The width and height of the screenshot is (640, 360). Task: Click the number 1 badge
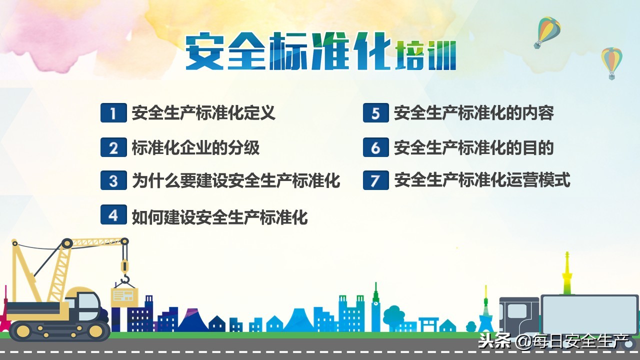pos(113,113)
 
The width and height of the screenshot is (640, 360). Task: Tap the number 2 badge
pos(113,148)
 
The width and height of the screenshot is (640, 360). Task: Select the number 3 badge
pos(113,180)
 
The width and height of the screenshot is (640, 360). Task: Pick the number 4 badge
pos(113,214)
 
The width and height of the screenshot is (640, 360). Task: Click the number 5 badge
pos(375,113)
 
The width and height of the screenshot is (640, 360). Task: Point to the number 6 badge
pos(375,148)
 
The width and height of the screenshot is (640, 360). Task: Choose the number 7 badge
pos(375,180)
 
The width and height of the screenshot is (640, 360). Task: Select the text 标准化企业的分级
pos(195,148)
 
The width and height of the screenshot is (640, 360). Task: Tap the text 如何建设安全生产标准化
pos(219,217)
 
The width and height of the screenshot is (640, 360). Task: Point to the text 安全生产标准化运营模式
pos(482,180)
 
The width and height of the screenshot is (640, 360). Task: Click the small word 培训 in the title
pos(425,56)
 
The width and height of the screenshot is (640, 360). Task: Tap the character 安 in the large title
pos(204,51)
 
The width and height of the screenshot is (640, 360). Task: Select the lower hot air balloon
pos(611,62)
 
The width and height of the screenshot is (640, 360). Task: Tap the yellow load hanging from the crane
pos(123,295)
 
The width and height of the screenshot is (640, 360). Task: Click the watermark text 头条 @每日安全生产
pos(553,342)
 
